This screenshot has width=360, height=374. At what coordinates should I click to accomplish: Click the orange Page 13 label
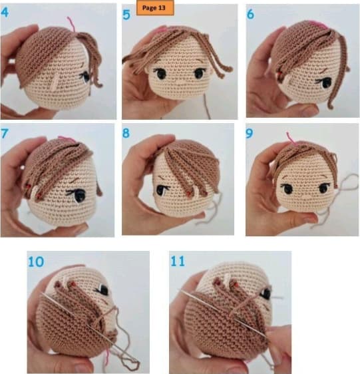coord(155,7)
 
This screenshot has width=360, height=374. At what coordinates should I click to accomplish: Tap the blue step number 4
coord(5,12)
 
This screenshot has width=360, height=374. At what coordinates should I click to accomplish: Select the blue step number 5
coord(126,15)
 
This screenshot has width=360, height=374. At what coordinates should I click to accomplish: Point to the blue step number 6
coord(250,14)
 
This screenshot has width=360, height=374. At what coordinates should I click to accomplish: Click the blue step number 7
coord(4,134)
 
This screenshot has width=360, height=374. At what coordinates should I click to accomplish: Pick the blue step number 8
coord(126,133)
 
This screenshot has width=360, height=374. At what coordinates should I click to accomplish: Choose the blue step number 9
coord(250,134)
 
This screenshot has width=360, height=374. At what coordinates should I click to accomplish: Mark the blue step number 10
coord(36,262)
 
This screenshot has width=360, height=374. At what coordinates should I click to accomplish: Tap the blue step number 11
coord(178,261)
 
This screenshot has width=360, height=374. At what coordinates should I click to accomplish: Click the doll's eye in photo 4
coord(85,77)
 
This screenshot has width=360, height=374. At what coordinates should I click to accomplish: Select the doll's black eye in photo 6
coord(325,83)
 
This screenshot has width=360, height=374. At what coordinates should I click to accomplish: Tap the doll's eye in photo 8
coord(162,190)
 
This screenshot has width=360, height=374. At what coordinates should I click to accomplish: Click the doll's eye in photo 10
coord(102,290)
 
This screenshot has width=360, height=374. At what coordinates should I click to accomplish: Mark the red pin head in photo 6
coord(279,73)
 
